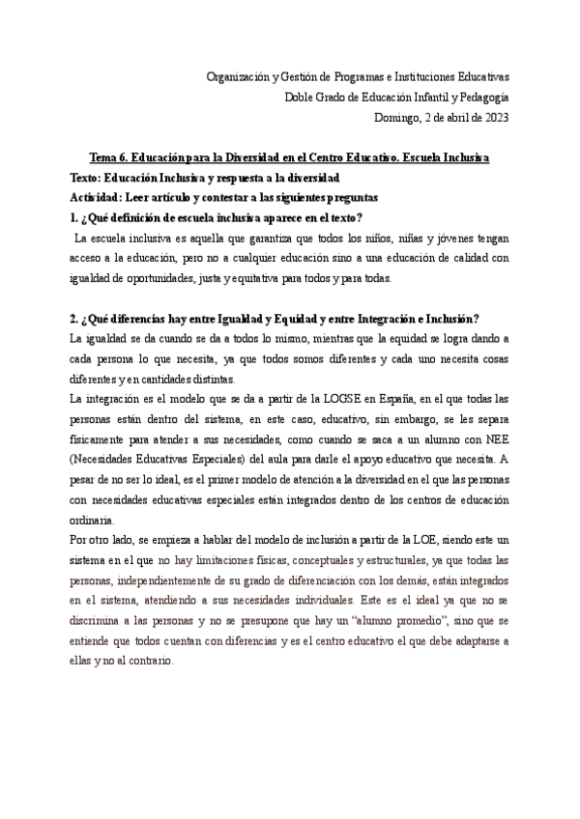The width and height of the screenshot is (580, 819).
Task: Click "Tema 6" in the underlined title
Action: click(x=108, y=156)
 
